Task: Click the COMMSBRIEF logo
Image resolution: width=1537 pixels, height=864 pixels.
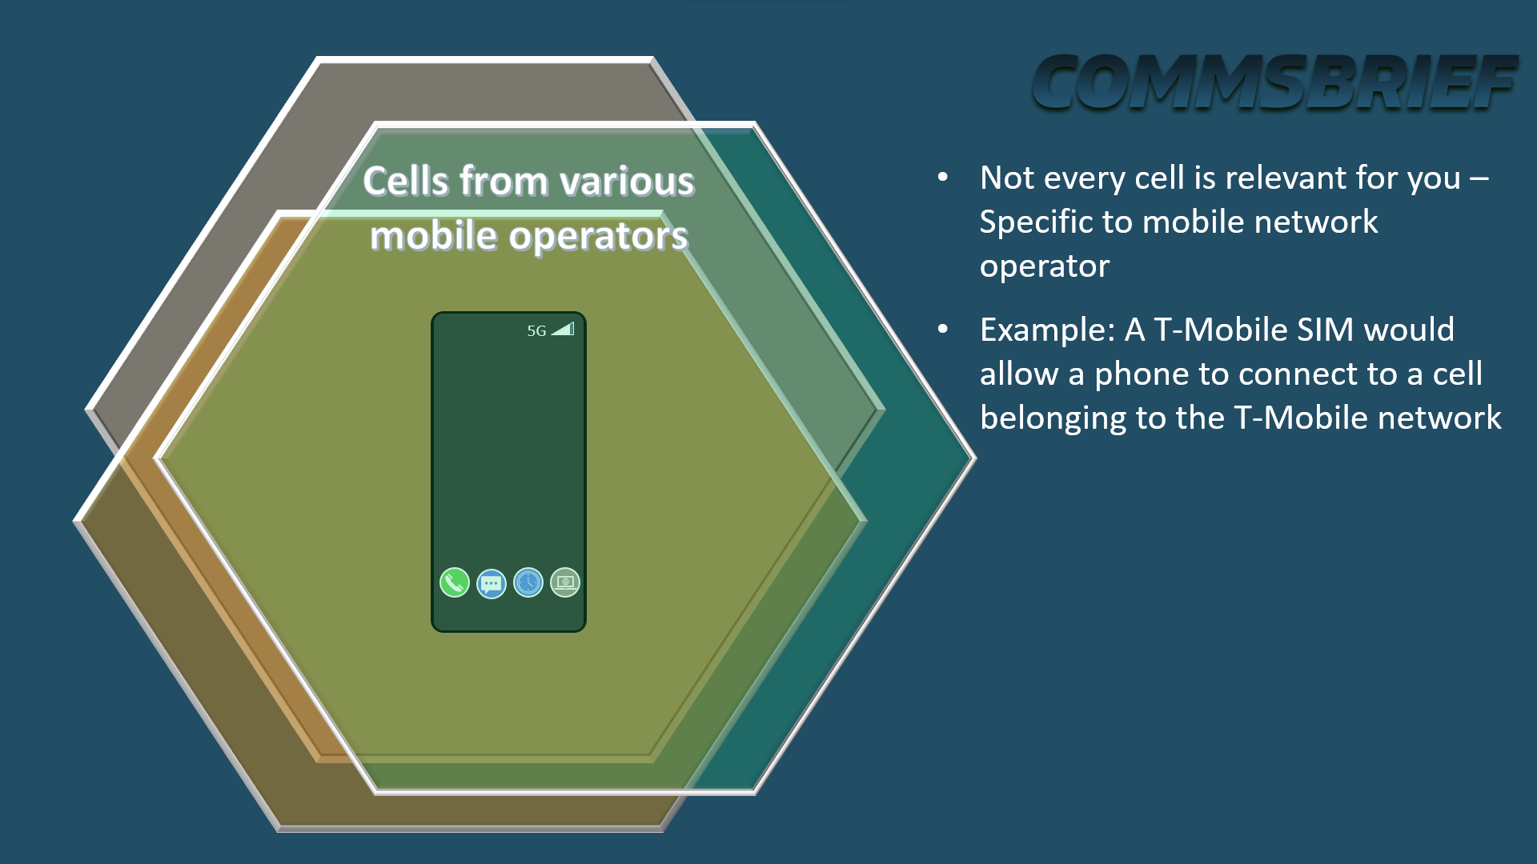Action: tap(1274, 82)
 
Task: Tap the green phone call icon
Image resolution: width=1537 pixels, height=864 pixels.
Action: tap(455, 582)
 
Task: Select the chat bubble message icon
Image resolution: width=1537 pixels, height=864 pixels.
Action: tap(492, 583)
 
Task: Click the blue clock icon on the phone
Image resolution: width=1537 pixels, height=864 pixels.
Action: tap(528, 582)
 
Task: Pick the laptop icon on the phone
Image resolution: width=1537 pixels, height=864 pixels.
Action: tap(565, 582)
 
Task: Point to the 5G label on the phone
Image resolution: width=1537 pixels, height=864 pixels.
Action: tap(536, 330)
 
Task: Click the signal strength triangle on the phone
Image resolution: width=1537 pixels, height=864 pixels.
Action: tap(563, 329)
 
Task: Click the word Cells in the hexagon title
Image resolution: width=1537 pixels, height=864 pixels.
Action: tap(406, 181)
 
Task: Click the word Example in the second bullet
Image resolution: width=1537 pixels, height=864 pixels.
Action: tap(1048, 330)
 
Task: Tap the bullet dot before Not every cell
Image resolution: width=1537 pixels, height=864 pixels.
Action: tap(943, 178)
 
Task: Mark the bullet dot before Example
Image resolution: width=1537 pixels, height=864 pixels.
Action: tap(943, 329)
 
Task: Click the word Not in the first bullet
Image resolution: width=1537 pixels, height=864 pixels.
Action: tap(1007, 178)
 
